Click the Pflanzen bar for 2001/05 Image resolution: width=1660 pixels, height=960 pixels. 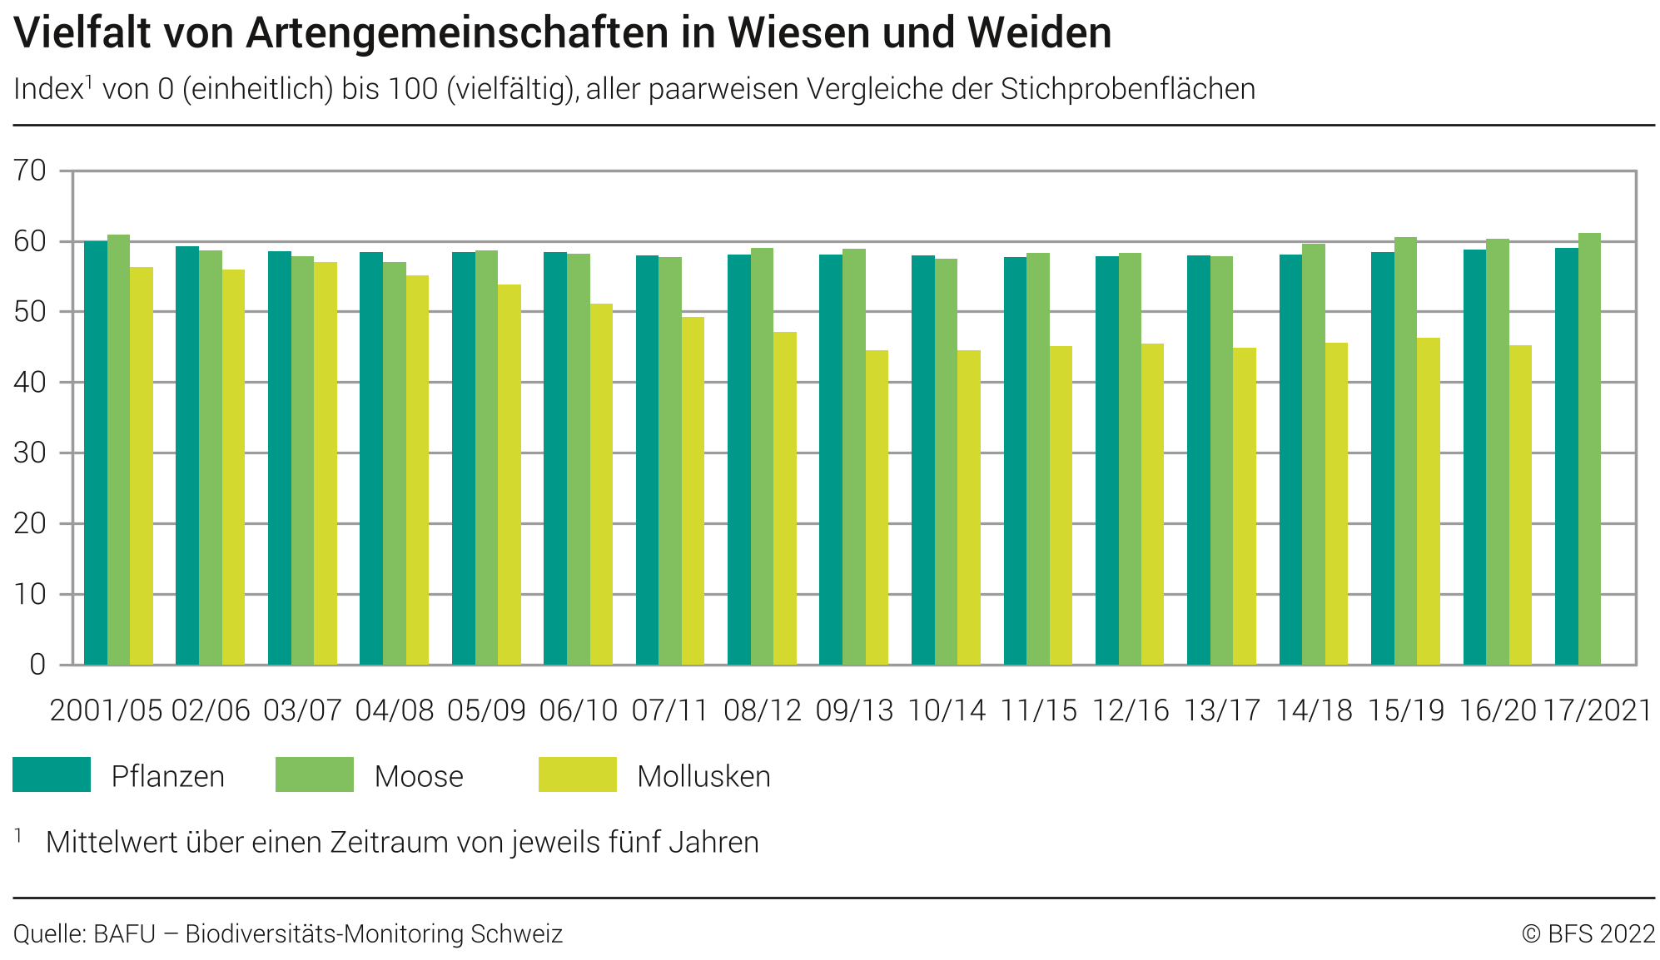[x=96, y=453]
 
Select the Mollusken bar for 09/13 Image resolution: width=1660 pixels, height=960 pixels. [x=877, y=507]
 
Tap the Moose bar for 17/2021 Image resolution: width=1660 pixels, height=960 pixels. [x=1589, y=449]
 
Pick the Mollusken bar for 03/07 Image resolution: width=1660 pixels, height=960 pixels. [x=326, y=463]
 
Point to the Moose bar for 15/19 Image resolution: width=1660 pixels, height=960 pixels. [x=1405, y=451]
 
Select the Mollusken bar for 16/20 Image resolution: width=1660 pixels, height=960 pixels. [x=1520, y=505]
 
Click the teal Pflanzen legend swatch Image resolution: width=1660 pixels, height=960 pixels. [x=52, y=774]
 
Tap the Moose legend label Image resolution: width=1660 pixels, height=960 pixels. [x=419, y=776]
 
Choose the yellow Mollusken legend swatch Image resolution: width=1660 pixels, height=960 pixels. [x=577, y=774]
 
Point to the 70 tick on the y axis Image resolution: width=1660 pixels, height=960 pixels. [x=30, y=171]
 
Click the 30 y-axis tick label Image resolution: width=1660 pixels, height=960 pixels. [x=30, y=453]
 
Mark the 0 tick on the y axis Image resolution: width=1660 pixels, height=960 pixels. [x=37, y=665]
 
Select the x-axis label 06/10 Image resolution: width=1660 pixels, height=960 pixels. [x=578, y=710]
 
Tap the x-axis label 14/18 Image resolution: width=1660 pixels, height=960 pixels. [x=1314, y=710]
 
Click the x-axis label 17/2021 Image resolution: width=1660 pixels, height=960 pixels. [x=1598, y=710]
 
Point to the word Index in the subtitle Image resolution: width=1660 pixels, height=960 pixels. [x=48, y=89]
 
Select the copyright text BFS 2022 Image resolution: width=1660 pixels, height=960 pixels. [x=1601, y=934]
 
